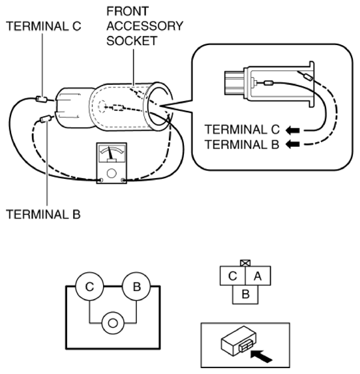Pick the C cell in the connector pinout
(232, 275)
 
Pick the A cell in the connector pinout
(257, 275)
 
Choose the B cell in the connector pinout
(245, 294)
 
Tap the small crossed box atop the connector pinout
(245, 263)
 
